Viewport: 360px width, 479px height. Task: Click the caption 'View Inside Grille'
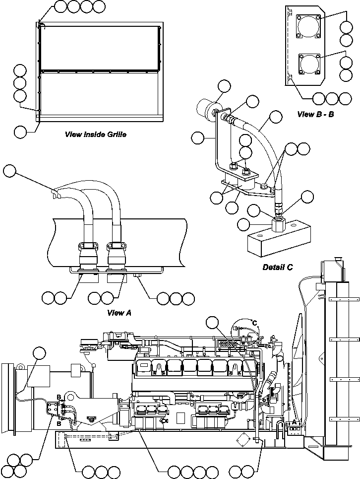96,134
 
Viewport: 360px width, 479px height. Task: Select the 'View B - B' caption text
317,114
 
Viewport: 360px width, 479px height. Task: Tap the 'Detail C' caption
278,267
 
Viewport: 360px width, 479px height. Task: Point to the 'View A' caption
119,313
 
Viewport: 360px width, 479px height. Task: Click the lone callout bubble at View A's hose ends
9,172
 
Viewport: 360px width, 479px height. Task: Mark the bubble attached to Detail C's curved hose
276,118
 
